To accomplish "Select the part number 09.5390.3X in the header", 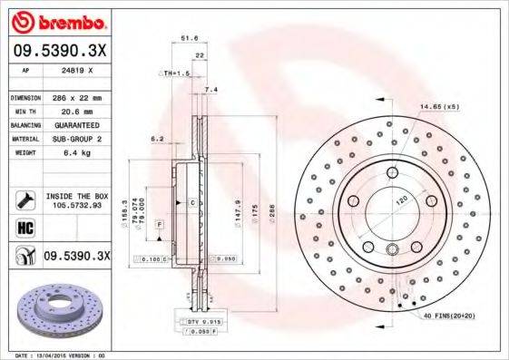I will tap(60, 53).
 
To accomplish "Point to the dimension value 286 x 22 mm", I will tap(77, 97).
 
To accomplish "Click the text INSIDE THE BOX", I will tap(77, 196).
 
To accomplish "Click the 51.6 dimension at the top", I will tap(189, 39).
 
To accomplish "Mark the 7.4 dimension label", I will tap(211, 90).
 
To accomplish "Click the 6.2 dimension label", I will tap(156, 139).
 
